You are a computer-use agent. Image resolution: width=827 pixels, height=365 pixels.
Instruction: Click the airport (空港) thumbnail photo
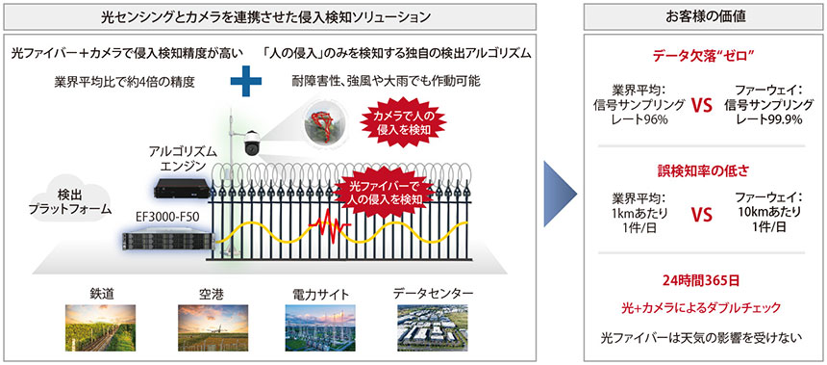208,325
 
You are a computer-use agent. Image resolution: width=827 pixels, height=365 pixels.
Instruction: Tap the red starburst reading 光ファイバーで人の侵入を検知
383,192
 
